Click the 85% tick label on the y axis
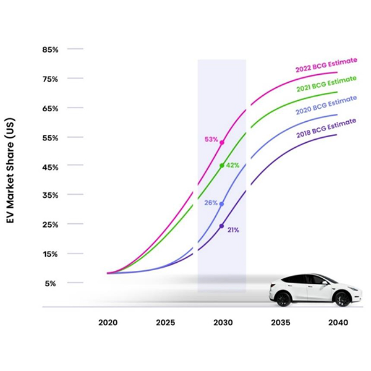pos(49,49)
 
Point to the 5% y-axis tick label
pos(51,283)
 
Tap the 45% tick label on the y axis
pos(49,167)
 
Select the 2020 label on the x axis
pos(108,323)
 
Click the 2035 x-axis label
pos(281,323)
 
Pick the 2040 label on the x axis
pos(339,323)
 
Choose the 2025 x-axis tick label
pos(166,323)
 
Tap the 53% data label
pos(211,140)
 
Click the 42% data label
pos(232,165)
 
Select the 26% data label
pos(211,203)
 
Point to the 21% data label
pos(232,230)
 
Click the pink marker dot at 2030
pos(222,143)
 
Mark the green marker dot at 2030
pos(222,166)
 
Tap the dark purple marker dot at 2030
pos(221,226)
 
